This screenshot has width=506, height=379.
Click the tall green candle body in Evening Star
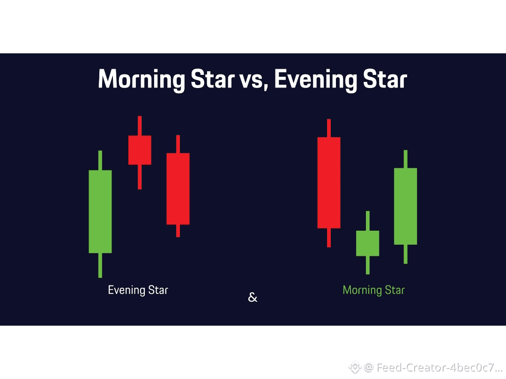click(100, 211)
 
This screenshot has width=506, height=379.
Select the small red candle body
click(140, 150)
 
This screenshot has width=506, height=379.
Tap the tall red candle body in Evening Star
click(178, 189)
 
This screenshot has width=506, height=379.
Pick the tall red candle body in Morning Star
click(329, 183)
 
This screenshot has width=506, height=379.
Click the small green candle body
click(368, 243)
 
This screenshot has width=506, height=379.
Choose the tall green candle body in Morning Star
click(405, 206)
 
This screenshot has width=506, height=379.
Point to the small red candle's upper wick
click(140, 126)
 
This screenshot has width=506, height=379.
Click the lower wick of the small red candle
click(140, 177)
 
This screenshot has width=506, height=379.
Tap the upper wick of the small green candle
click(368, 221)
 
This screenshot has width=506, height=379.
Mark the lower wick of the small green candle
click(368, 265)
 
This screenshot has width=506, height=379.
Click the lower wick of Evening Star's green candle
click(100, 265)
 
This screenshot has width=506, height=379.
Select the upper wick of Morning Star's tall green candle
click(405, 159)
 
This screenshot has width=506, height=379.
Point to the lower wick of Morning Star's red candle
click(329, 238)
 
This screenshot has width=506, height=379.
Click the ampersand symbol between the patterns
click(253, 297)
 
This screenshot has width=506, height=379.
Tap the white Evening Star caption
click(138, 291)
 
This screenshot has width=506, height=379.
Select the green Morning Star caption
click(374, 291)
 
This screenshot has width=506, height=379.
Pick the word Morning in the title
click(141, 79)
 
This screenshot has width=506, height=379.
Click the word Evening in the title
click(316, 79)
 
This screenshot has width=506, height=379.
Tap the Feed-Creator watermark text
click(439, 367)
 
